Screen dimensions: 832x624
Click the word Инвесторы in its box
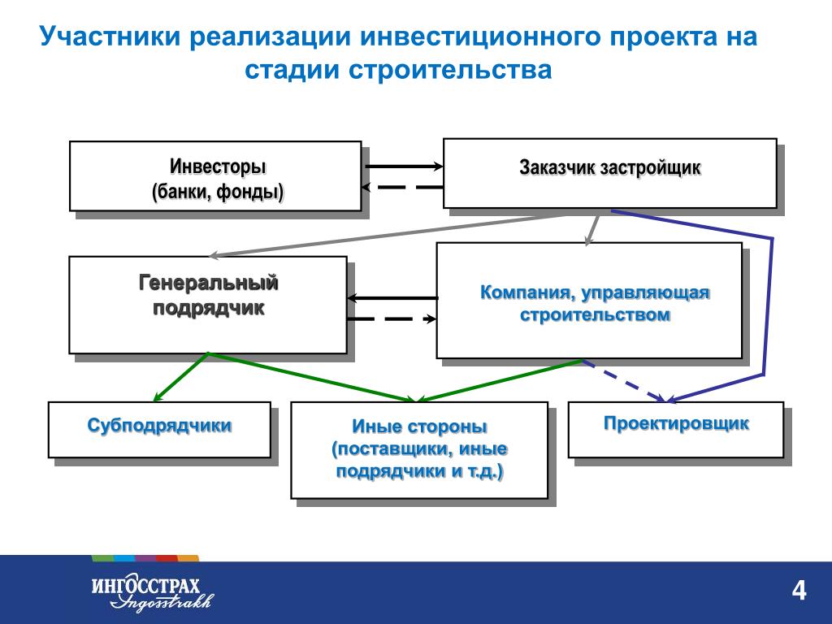[218, 167]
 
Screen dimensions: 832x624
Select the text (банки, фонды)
[218, 192]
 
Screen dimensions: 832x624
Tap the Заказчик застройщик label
[610, 167]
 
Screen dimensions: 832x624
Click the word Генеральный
[209, 283]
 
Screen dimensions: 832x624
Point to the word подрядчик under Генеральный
[209, 308]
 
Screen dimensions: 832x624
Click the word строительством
[596, 314]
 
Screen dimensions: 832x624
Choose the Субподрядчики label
[160, 426]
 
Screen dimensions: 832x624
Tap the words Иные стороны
[419, 427]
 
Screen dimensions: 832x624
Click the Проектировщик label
[677, 423]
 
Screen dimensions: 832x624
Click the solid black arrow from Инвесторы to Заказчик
[405, 167]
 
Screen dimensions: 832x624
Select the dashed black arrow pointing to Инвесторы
[402, 188]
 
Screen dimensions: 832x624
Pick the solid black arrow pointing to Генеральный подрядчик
[392, 298]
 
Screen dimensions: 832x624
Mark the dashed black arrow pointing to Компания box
[392, 318]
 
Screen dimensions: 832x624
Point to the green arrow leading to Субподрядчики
[180, 377]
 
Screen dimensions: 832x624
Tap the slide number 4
[799, 591]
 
